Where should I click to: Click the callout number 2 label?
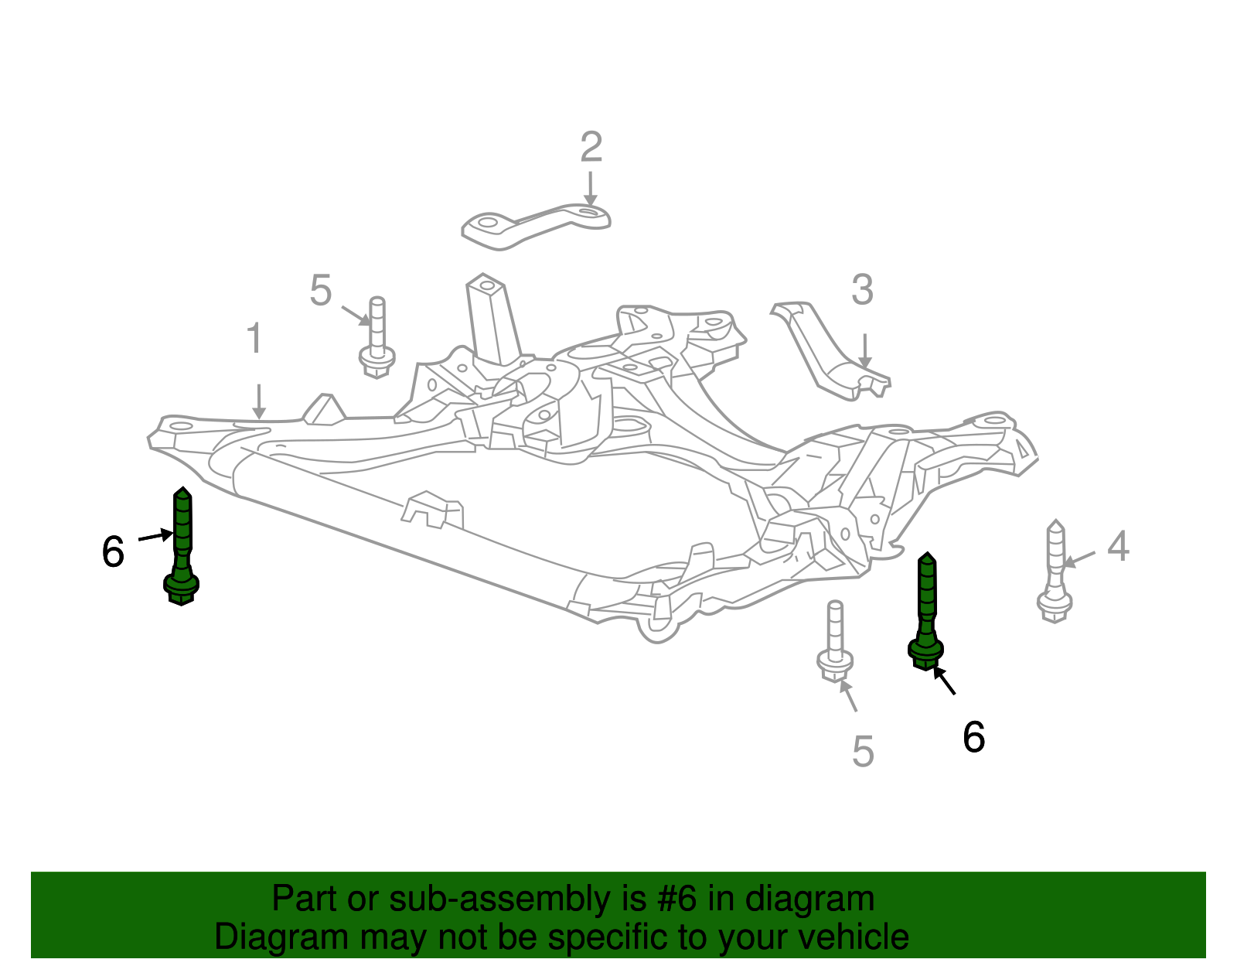click(591, 147)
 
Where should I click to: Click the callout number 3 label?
click(862, 291)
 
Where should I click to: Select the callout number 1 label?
click(254, 340)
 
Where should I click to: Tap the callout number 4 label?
click(1118, 546)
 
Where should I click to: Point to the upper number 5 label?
click(320, 291)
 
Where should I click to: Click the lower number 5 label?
click(863, 751)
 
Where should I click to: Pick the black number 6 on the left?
click(113, 552)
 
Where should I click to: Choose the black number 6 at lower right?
click(973, 736)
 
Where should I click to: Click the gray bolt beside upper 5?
click(377, 338)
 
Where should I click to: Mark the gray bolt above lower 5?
click(835, 641)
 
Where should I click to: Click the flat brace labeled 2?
click(537, 225)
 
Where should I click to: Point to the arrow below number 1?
click(259, 401)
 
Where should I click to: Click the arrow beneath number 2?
click(590, 189)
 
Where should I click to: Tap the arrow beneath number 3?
click(864, 350)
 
